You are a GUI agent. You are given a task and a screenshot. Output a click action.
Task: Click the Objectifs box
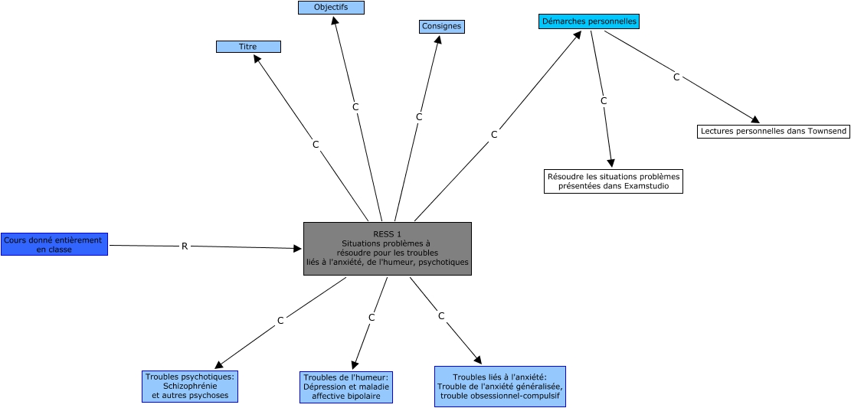click(331, 8)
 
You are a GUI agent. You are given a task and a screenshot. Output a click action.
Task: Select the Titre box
click(248, 47)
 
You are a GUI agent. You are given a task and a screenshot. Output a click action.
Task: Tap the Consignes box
click(442, 27)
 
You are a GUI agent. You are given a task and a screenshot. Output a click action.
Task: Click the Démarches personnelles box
click(588, 21)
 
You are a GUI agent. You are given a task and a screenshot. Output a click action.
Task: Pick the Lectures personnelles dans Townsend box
click(774, 132)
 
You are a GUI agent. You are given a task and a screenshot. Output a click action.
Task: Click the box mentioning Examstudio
click(613, 181)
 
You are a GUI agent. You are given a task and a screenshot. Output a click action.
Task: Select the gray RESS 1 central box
click(387, 249)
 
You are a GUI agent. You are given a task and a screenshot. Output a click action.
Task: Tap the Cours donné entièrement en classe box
click(54, 244)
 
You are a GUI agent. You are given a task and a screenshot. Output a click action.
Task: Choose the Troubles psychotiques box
click(190, 386)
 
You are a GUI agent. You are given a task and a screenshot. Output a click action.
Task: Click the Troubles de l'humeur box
click(346, 387)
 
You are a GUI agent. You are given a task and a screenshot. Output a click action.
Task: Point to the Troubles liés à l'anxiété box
click(499, 387)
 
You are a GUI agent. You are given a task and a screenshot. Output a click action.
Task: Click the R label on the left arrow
click(185, 246)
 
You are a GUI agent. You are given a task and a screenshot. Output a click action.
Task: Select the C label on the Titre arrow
click(316, 144)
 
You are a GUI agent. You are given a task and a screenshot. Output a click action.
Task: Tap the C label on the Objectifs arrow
click(355, 107)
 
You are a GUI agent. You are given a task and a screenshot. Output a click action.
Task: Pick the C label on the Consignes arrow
click(419, 117)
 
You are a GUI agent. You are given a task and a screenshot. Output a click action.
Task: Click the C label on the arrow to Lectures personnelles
click(676, 77)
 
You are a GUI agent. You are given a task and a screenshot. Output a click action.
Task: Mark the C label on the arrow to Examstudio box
click(604, 101)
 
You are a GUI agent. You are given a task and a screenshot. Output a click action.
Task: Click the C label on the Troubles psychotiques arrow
click(280, 321)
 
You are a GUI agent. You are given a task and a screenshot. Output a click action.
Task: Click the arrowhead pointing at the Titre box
click(258, 58)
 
